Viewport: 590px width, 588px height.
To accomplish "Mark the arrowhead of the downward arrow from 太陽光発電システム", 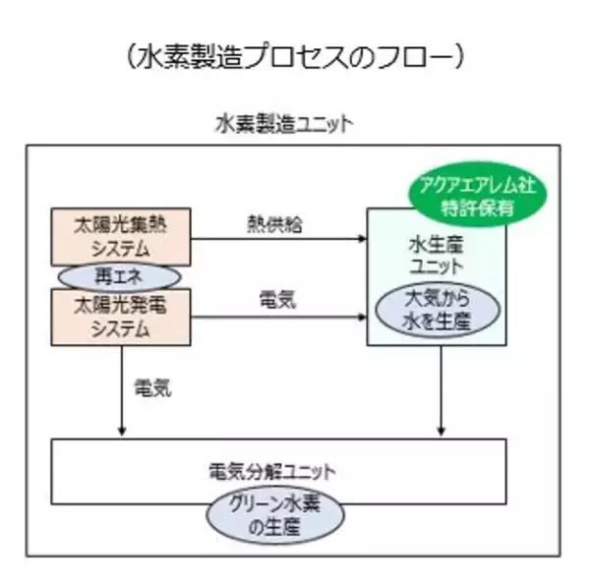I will click(x=121, y=434).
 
